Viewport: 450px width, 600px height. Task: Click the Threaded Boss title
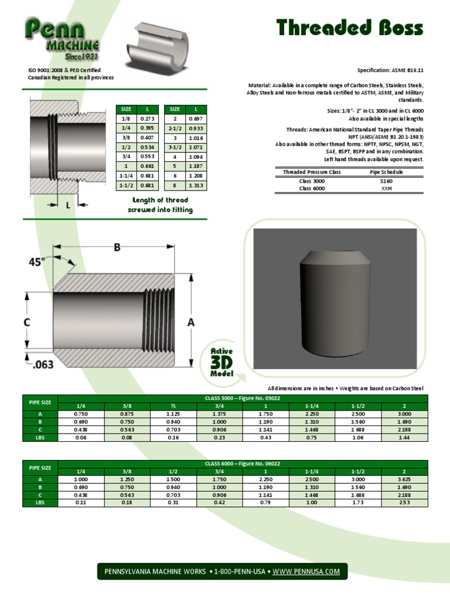tap(349, 28)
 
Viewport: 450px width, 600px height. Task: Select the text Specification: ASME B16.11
tap(390, 70)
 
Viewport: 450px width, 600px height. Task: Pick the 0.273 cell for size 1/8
tap(145, 118)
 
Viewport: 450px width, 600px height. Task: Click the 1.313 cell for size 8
tap(196, 186)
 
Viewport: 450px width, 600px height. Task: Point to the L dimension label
tap(68, 205)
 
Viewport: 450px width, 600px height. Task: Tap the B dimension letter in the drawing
tap(117, 248)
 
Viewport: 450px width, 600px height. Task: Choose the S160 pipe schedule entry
tap(386, 181)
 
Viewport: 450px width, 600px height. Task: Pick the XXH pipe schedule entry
tap(386, 189)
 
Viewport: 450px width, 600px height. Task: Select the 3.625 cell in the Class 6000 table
tap(403, 479)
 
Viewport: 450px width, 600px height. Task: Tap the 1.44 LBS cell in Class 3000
tap(403, 437)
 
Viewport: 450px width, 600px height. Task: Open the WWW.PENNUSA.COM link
tap(306, 571)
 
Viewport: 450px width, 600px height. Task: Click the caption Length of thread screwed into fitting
tap(160, 205)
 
